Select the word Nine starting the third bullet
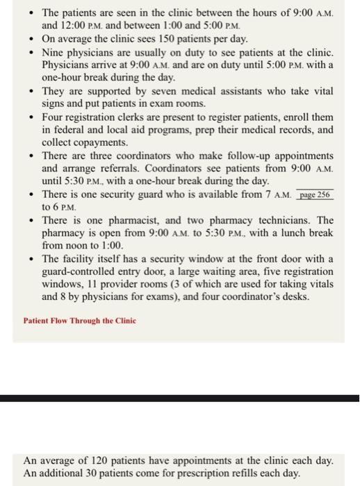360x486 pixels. (x=54, y=52)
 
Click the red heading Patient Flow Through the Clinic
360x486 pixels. (x=80, y=321)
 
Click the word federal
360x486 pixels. (x=71, y=130)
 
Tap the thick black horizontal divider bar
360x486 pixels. (x=180, y=398)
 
